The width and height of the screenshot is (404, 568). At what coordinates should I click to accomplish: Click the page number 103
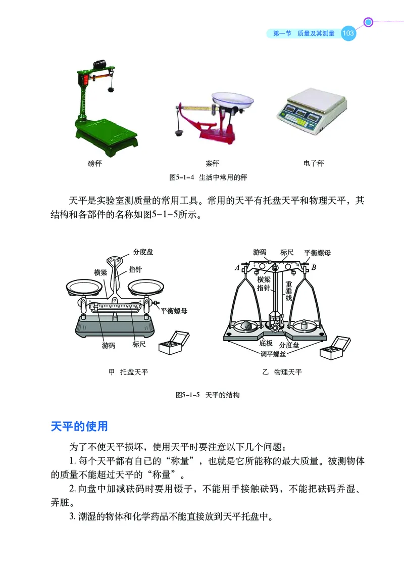(348, 34)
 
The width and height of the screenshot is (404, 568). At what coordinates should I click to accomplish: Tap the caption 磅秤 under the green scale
(94, 163)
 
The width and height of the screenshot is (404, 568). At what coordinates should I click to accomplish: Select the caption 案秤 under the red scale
(212, 163)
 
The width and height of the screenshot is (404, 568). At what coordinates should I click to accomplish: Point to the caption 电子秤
(313, 163)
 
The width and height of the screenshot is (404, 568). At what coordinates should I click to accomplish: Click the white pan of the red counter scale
(233, 99)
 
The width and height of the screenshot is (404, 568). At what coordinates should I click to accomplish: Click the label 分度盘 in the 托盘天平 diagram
(143, 251)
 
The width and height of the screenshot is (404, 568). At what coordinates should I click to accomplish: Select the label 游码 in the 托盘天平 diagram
(109, 346)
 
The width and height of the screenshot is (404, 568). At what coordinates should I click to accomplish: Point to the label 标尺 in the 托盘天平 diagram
(139, 345)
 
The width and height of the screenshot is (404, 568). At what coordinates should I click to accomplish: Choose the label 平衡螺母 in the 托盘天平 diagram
(174, 311)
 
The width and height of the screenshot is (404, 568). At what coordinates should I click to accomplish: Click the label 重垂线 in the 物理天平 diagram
(289, 291)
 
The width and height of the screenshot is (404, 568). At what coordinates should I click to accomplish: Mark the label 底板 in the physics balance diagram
(266, 343)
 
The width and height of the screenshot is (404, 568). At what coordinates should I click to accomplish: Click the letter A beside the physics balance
(237, 269)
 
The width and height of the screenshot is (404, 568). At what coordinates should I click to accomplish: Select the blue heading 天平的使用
(79, 426)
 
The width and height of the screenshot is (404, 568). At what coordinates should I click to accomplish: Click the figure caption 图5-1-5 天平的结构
(207, 395)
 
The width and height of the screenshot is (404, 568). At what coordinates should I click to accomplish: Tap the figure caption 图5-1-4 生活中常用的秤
(207, 178)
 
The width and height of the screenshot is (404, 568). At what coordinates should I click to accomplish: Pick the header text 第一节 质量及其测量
(304, 34)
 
